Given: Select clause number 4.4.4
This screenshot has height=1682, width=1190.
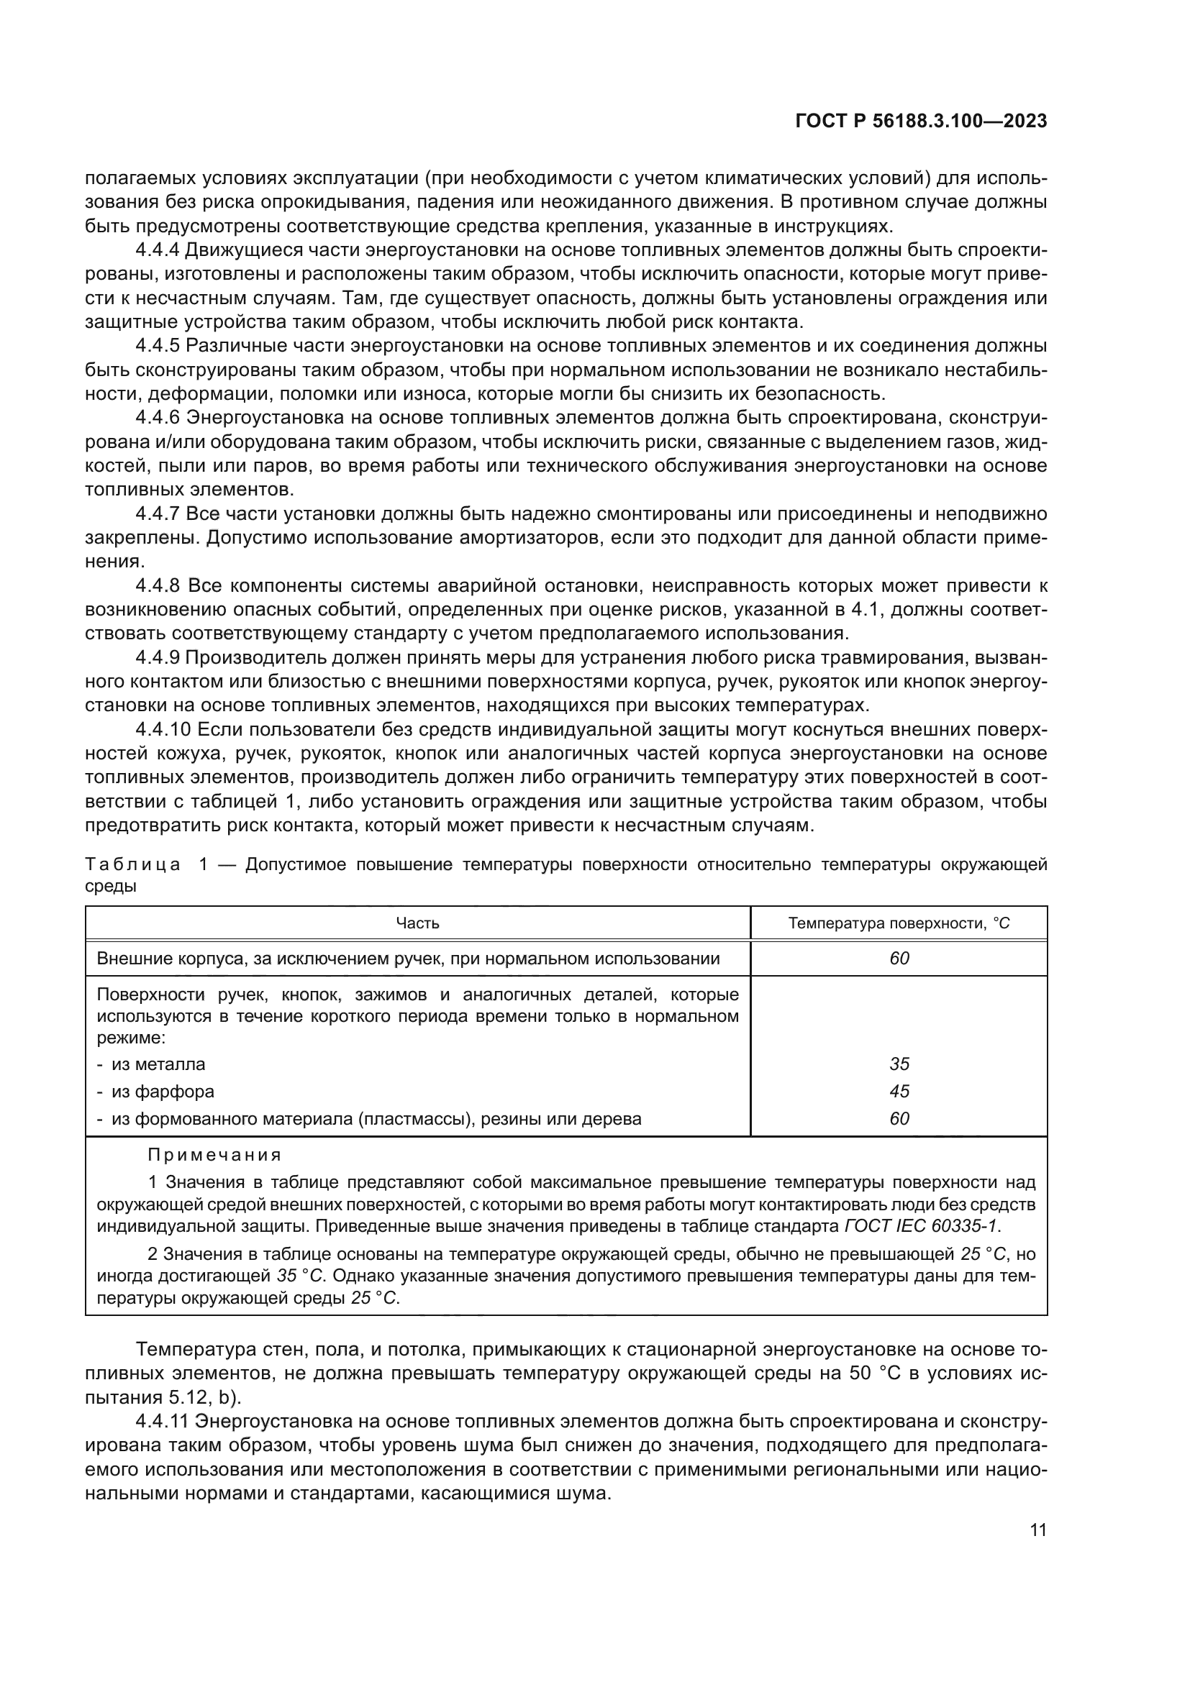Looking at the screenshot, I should coord(158,250).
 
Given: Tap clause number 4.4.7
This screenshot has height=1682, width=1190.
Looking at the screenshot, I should coord(158,514).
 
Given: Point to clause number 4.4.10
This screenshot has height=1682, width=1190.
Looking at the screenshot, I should coord(163,730).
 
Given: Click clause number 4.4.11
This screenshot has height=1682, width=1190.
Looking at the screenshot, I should coord(163,1422).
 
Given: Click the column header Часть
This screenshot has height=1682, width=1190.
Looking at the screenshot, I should coord(417,923).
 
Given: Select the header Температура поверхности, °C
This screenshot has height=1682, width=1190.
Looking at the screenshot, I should coord(899,923).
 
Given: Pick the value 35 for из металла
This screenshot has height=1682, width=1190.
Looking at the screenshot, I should coord(899,1064).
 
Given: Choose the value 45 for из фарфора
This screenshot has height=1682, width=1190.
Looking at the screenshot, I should coord(899,1092).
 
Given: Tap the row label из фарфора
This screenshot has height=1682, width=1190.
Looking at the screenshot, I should coord(163,1092).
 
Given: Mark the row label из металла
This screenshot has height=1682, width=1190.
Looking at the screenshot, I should coord(158,1064).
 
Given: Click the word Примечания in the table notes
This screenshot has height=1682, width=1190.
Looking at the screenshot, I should coord(214,1156).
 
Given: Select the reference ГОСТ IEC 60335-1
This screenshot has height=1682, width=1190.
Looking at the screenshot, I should coord(922,1225).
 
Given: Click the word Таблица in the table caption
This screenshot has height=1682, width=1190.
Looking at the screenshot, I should coord(132,865).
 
